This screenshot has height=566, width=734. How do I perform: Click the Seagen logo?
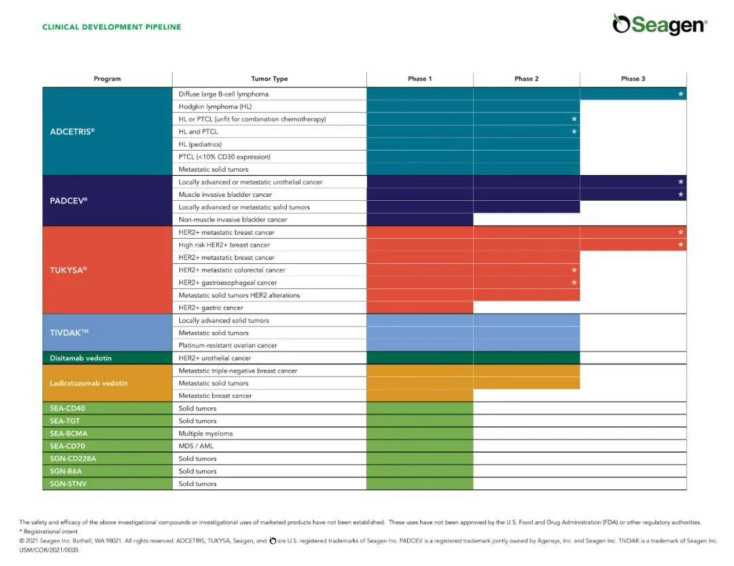click(659, 24)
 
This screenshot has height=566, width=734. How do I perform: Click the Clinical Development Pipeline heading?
click(111, 27)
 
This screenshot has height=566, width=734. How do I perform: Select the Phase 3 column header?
click(633, 79)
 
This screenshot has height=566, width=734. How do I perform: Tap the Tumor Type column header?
click(269, 79)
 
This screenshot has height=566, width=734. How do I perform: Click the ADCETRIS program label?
click(72, 132)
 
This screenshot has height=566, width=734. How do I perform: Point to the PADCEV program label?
click(69, 201)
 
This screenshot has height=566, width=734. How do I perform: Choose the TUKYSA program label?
click(69, 269)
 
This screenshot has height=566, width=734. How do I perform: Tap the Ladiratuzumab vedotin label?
click(88, 383)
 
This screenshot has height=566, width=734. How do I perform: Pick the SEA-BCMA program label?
click(69, 434)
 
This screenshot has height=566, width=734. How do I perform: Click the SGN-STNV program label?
click(69, 484)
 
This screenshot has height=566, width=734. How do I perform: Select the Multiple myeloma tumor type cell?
click(206, 434)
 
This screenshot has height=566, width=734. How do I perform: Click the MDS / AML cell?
click(196, 446)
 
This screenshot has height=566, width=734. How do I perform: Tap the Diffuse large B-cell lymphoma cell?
click(224, 94)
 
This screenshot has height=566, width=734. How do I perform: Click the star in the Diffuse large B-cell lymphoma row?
click(680, 94)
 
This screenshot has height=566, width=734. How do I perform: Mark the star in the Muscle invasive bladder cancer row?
click(680, 195)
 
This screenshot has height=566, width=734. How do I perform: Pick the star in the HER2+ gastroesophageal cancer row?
click(574, 282)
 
